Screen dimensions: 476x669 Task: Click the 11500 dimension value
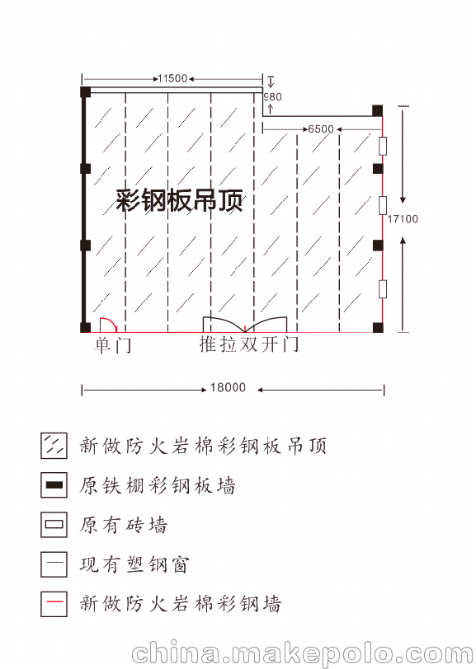click(x=172, y=78)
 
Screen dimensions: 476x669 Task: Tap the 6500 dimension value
click(x=321, y=129)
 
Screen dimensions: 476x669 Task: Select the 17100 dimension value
click(x=403, y=219)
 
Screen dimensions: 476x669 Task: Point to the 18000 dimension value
click(x=228, y=387)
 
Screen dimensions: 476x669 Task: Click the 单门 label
click(x=113, y=344)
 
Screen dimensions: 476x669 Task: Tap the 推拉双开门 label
click(x=248, y=344)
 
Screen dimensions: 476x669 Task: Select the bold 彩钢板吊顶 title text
click(x=180, y=199)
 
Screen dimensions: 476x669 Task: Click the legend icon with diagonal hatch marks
click(x=54, y=446)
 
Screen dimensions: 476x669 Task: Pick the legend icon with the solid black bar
click(x=54, y=484)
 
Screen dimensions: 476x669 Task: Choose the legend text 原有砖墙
click(x=123, y=525)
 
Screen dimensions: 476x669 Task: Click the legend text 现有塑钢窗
click(x=134, y=564)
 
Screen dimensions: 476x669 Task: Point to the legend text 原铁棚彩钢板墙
click(x=158, y=485)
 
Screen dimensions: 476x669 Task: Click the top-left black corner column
click(x=86, y=91)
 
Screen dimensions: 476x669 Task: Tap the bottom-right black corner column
click(x=378, y=327)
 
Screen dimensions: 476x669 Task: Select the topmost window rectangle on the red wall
click(x=383, y=146)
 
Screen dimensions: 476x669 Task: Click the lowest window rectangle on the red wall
click(x=383, y=288)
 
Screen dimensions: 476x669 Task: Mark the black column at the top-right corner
click(x=377, y=111)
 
